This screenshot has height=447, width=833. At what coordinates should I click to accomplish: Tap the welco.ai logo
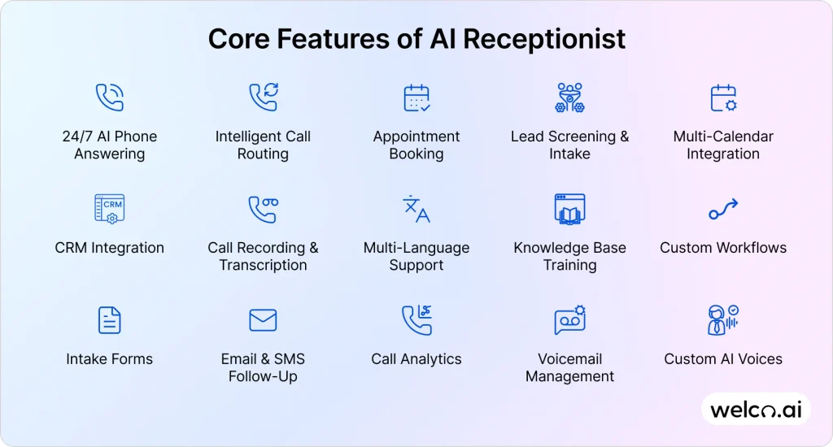pos(756,410)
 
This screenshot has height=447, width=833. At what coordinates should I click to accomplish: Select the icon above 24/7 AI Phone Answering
pos(110,98)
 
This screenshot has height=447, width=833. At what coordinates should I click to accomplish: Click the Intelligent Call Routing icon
pos(263,98)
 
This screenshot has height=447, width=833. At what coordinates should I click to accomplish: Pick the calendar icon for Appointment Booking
pos(416,98)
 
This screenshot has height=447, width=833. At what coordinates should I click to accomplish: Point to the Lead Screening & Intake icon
pos(569,98)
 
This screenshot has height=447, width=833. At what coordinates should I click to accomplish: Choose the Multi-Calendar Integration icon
pos(723,98)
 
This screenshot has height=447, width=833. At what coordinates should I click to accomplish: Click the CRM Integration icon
pos(110,209)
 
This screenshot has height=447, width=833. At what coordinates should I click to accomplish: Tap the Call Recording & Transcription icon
pos(263,209)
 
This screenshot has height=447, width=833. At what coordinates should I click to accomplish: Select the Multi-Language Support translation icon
pos(416,209)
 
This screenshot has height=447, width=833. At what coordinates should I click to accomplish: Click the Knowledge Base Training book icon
pos(569,209)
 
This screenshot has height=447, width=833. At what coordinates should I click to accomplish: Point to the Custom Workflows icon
pos(723,210)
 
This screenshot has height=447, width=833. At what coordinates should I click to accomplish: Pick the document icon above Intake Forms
pos(110,320)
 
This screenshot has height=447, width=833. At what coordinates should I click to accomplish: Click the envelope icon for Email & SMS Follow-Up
pos(263,320)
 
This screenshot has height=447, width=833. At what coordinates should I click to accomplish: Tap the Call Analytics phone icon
pos(416,320)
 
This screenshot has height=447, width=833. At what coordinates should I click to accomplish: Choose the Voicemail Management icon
pos(569,320)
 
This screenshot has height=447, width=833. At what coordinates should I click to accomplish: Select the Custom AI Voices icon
pos(723,320)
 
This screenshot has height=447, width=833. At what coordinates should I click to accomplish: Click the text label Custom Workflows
pos(723,248)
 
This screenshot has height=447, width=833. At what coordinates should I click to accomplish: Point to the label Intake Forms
pos(110,359)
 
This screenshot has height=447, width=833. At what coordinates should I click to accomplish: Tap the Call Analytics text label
pos(416,359)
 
